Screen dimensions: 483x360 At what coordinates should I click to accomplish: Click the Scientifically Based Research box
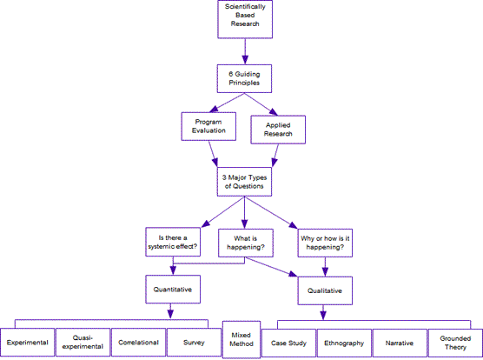pyautogui.click(x=245, y=19)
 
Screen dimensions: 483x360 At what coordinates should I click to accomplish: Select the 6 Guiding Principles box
pyautogui.click(x=244, y=78)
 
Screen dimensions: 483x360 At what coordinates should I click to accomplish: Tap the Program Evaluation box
pyautogui.click(x=208, y=126)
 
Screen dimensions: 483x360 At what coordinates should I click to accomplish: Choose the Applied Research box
pyautogui.click(x=278, y=130)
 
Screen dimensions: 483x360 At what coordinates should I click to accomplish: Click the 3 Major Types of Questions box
pyautogui.click(x=244, y=182)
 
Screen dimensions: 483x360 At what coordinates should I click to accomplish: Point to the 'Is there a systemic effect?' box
pyautogui.click(x=173, y=242)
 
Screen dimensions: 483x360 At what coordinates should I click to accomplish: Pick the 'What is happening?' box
pyautogui.click(x=246, y=243)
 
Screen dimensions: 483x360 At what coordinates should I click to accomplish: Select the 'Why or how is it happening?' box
pyautogui.click(x=325, y=243)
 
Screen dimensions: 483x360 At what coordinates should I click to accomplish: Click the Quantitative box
pyautogui.click(x=173, y=290)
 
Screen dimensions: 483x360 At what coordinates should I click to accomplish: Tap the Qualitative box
pyautogui.click(x=325, y=290)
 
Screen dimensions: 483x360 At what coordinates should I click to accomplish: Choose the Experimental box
pyautogui.click(x=28, y=343)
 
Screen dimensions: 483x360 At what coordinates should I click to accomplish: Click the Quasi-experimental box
pyautogui.click(x=83, y=343)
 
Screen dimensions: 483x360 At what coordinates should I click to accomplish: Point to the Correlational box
pyautogui.click(x=138, y=343)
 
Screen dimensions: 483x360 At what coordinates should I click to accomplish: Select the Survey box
pyautogui.click(x=194, y=343)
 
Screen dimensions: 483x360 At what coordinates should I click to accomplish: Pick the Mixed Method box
pyautogui.click(x=241, y=340)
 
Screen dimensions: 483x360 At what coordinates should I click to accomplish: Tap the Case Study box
pyautogui.click(x=288, y=343)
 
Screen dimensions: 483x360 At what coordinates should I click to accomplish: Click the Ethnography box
pyautogui.click(x=344, y=343)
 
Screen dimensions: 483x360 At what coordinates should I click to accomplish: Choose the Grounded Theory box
pyautogui.click(x=455, y=343)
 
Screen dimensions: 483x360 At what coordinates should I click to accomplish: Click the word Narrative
pyautogui.click(x=400, y=343)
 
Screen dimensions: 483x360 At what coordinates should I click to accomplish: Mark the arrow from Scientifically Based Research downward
pyautogui.click(x=245, y=51)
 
